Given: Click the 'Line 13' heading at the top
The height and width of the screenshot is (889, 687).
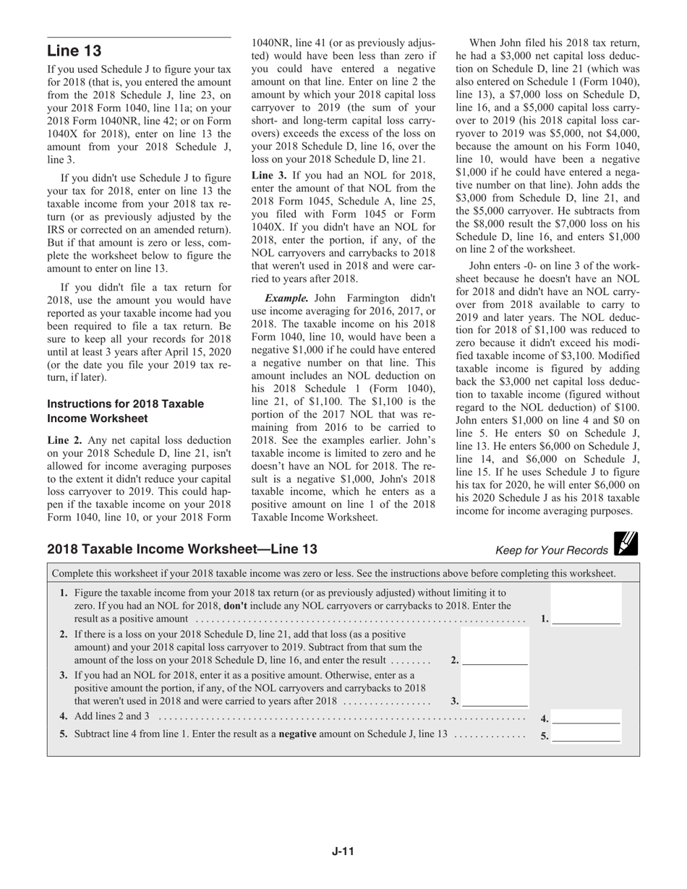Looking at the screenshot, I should [x=74, y=51].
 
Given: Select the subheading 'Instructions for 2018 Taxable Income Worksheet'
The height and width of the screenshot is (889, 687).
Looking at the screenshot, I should [x=125, y=411].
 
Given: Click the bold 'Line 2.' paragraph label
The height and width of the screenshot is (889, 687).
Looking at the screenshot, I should [x=65, y=440].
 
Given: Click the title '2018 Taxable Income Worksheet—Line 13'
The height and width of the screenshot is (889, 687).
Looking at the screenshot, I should [x=182, y=549].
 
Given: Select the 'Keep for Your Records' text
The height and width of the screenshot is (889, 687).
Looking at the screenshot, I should [x=551, y=551].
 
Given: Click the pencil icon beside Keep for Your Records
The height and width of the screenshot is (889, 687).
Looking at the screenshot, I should [x=626, y=544].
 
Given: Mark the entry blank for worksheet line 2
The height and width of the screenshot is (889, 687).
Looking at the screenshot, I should [x=495, y=660].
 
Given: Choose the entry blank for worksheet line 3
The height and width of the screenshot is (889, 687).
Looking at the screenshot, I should [x=495, y=700].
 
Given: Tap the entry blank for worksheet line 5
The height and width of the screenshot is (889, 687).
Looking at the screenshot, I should [x=586, y=736].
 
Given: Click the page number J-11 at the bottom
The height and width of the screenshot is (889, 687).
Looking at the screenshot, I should [x=343, y=851].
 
